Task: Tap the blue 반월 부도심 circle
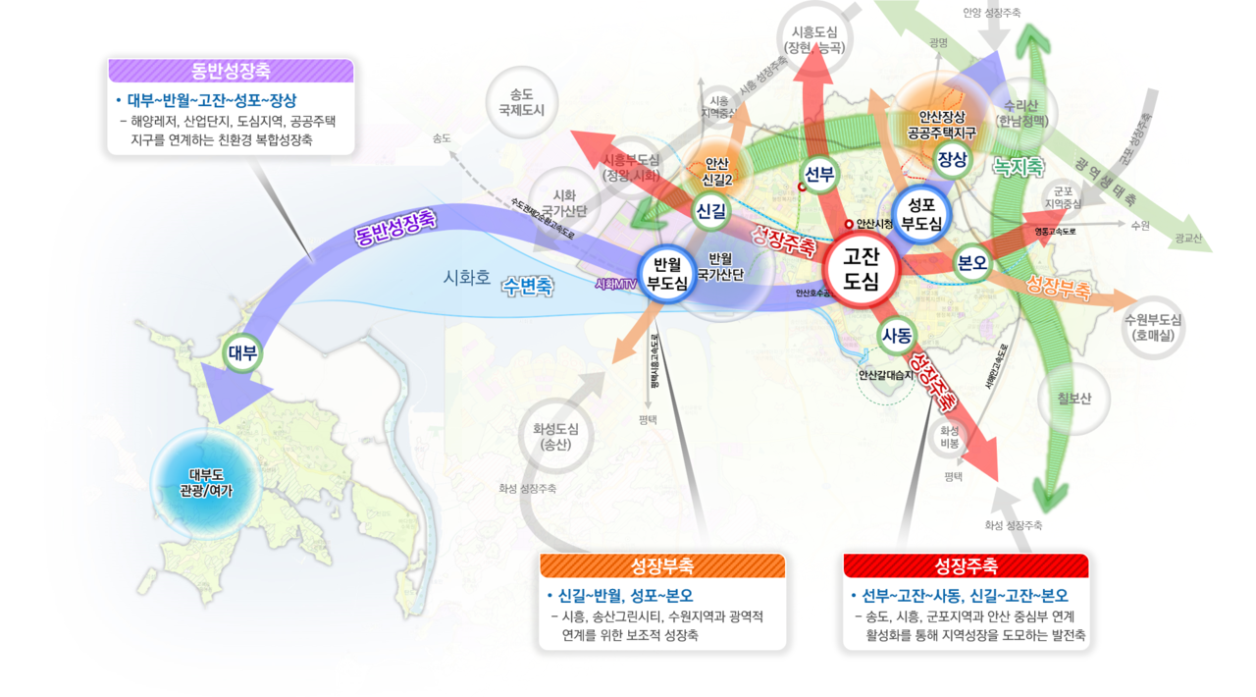click(667, 274)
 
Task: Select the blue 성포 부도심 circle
click(921, 214)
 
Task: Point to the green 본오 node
click(972, 263)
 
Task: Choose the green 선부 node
click(819, 175)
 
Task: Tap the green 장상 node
click(952, 160)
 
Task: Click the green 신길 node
click(710, 211)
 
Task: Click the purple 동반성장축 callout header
click(231, 70)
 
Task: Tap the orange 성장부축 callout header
click(662, 566)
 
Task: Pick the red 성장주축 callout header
click(967, 566)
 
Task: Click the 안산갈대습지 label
click(886, 375)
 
